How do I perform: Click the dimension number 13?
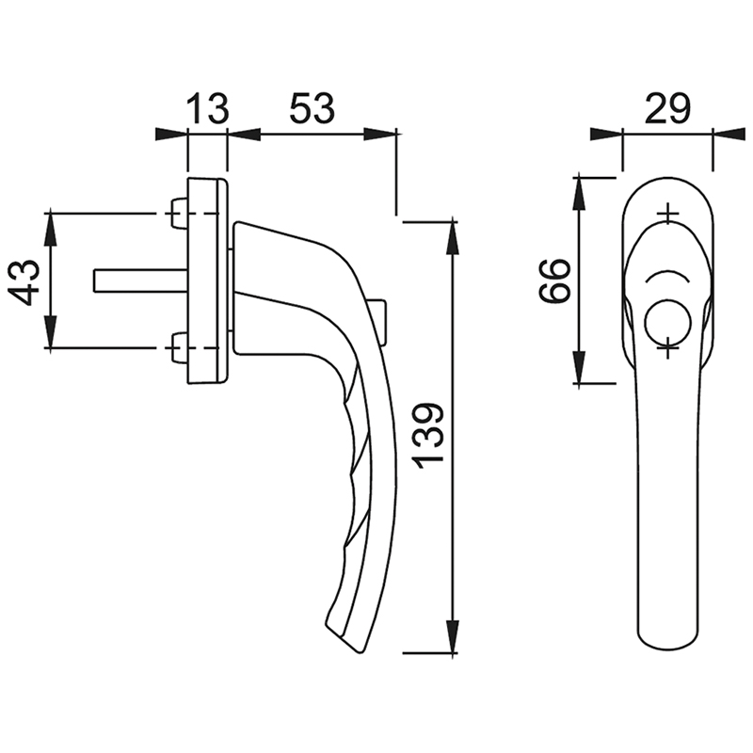pos(207,108)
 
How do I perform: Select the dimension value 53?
pos(312,108)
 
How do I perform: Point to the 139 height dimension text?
pos(429,436)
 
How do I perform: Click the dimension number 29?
pos(667,108)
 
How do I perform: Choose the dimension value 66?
pos(554,280)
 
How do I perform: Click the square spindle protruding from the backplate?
pos(140,280)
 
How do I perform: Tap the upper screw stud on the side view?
pos(179,214)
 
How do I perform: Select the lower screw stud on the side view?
pos(179,347)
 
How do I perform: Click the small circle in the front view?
pos(667,323)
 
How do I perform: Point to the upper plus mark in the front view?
pos(667,214)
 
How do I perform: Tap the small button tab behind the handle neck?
pos(379,322)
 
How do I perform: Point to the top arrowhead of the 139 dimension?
pos(452,237)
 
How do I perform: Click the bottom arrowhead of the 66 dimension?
pos(580,367)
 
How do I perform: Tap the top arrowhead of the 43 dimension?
pos(51,228)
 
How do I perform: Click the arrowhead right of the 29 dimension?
pos(729,135)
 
